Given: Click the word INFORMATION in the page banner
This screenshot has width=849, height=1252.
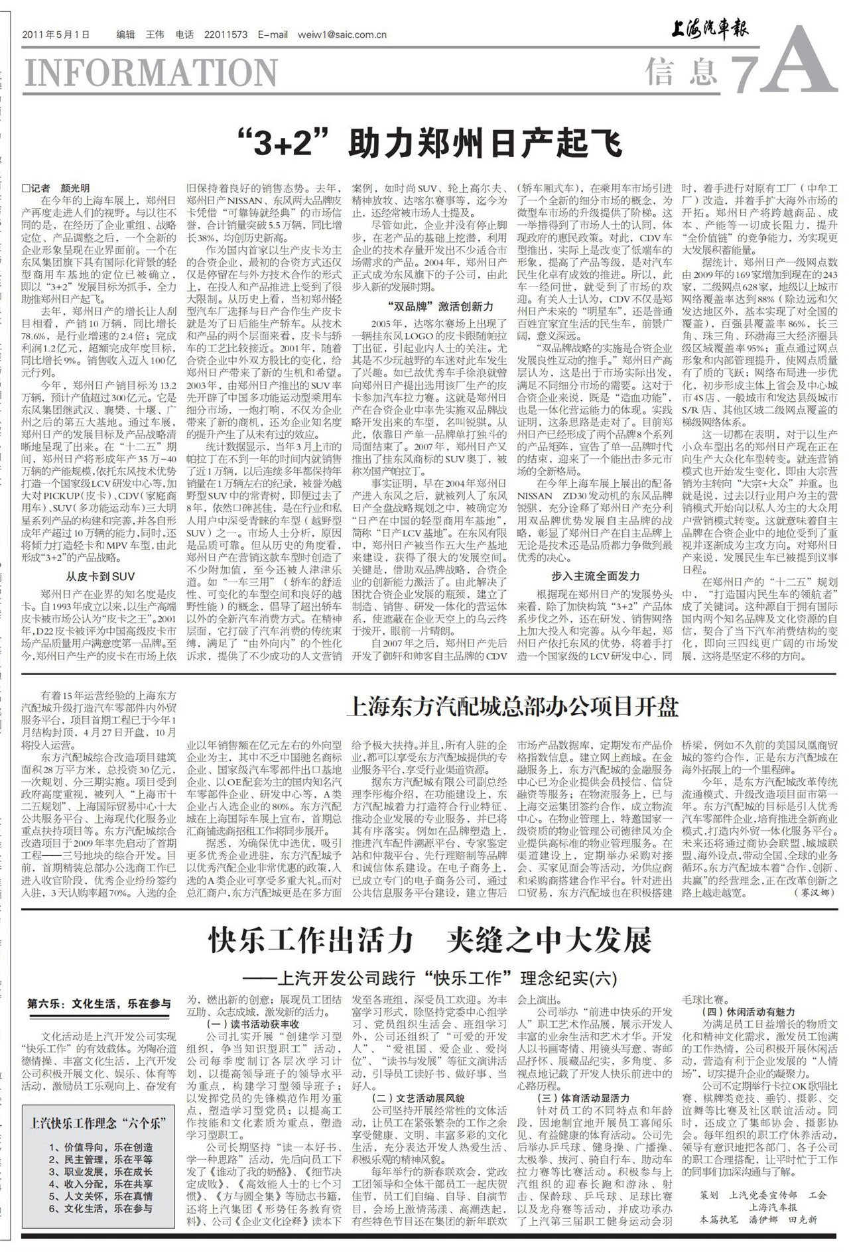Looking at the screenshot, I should (x=151, y=72).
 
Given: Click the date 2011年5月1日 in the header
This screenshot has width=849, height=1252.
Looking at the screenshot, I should (x=56, y=35).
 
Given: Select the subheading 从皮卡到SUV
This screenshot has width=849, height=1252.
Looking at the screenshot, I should (x=99, y=576).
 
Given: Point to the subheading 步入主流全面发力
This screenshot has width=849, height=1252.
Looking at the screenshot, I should (x=596, y=576).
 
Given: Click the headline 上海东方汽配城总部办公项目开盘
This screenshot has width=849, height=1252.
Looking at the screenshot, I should (x=512, y=707).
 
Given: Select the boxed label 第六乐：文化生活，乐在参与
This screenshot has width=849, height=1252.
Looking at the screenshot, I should (x=99, y=1004).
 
